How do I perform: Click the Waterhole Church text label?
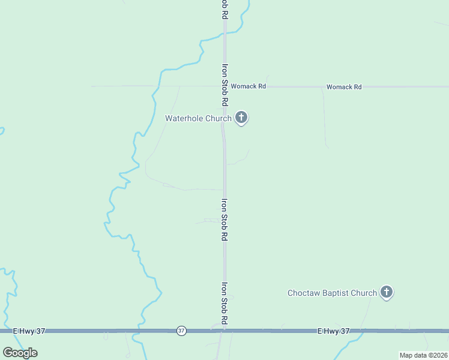coord(198,118)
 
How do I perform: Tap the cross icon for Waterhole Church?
coord(241,117)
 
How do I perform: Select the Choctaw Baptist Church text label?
coord(332,293)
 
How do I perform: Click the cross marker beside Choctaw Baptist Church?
coord(387,292)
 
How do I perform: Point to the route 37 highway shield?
coord(181,331)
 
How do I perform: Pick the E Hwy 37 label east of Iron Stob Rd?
coord(333,331)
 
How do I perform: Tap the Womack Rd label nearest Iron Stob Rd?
coord(248,86)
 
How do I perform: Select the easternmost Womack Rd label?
coord(344,87)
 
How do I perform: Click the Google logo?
coord(20,352)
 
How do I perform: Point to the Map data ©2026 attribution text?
coord(423,355)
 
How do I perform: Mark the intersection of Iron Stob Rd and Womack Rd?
coord(224,86)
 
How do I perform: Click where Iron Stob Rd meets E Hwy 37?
coord(224,330)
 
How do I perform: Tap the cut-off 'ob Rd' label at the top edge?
coord(224,10)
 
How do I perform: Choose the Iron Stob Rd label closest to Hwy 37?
coord(224,304)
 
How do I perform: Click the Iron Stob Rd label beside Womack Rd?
coord(224,86)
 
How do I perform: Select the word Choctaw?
coord(303,293)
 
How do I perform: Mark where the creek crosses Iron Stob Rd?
coord(224,37)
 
